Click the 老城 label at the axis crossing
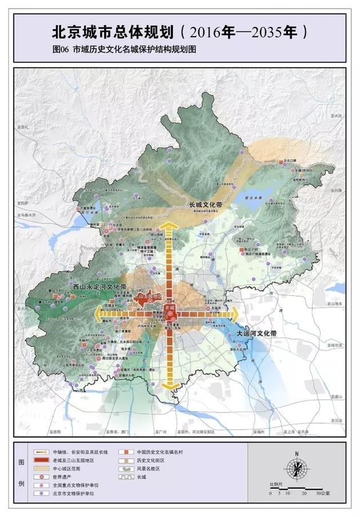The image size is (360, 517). [x=169, y=307]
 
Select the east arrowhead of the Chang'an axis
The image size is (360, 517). [x=234, y=313]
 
